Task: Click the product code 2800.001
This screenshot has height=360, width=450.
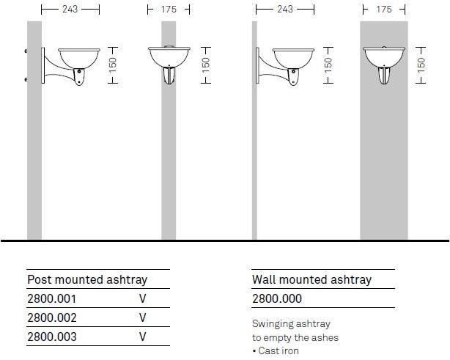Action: (51, 299)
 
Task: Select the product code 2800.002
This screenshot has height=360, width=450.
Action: (51, 318)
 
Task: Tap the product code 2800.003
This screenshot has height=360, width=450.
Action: (51, 337)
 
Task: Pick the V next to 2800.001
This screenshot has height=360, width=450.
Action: (143, 299)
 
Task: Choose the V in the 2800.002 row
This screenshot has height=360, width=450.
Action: (143, 318)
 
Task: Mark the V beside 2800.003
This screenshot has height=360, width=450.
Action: (143, 337)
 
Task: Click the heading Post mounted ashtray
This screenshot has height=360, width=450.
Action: (87, 279)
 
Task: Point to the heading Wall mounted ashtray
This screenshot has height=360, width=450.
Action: (311, 279)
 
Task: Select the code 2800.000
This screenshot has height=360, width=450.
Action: (276, 299)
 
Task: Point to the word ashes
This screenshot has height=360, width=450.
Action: (326, 337)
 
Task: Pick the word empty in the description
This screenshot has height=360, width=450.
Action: (280, 337)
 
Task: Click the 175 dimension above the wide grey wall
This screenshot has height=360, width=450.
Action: (384, 10)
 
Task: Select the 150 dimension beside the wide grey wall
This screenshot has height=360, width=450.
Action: (421, 64)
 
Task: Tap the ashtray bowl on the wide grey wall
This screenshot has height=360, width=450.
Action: (384, 56)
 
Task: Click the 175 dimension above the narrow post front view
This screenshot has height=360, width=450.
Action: (169, 10)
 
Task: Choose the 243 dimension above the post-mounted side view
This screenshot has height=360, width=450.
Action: (70, 10)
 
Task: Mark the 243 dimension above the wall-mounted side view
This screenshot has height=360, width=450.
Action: (285, 10)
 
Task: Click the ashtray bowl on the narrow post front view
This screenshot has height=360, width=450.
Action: (169, 56)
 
